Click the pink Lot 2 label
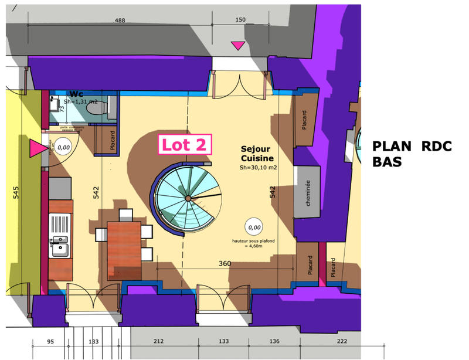click(x=183, y=145)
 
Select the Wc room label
click(x=76, y=94)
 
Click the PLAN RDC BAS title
click(x=412, y=154)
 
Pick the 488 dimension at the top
click(x=120, y=21)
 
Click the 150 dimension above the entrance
click(x=240, y=21)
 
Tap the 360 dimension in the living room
click(x=224, y=263)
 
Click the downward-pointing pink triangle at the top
click(x=238, y=45)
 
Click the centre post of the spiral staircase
click(x=188, y=199)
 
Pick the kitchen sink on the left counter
click(x=60, y=246)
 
